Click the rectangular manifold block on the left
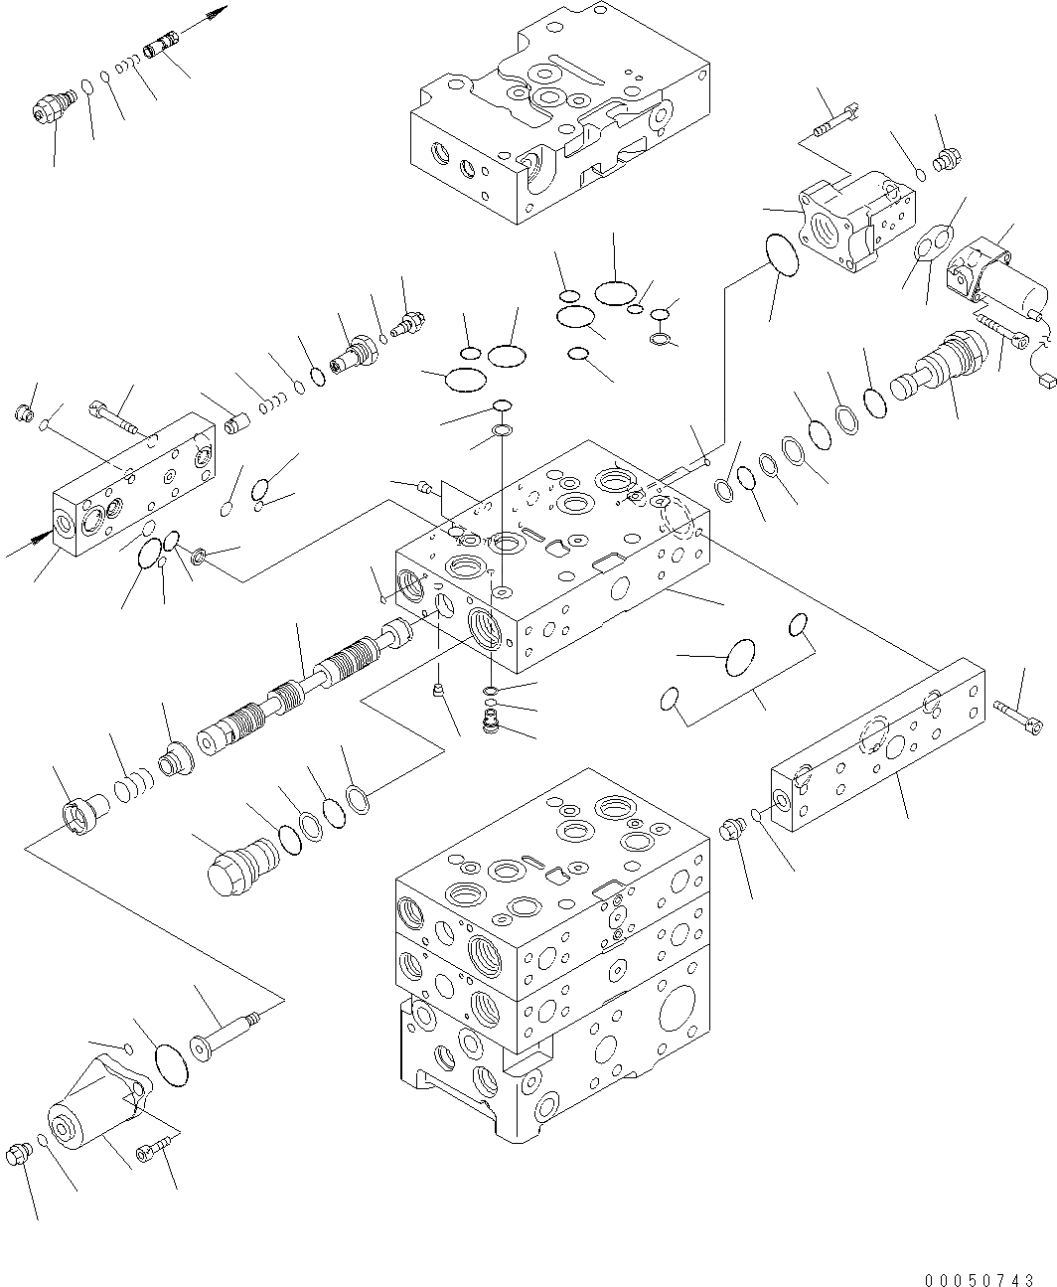(131, 486)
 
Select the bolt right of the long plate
(1018, 707)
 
